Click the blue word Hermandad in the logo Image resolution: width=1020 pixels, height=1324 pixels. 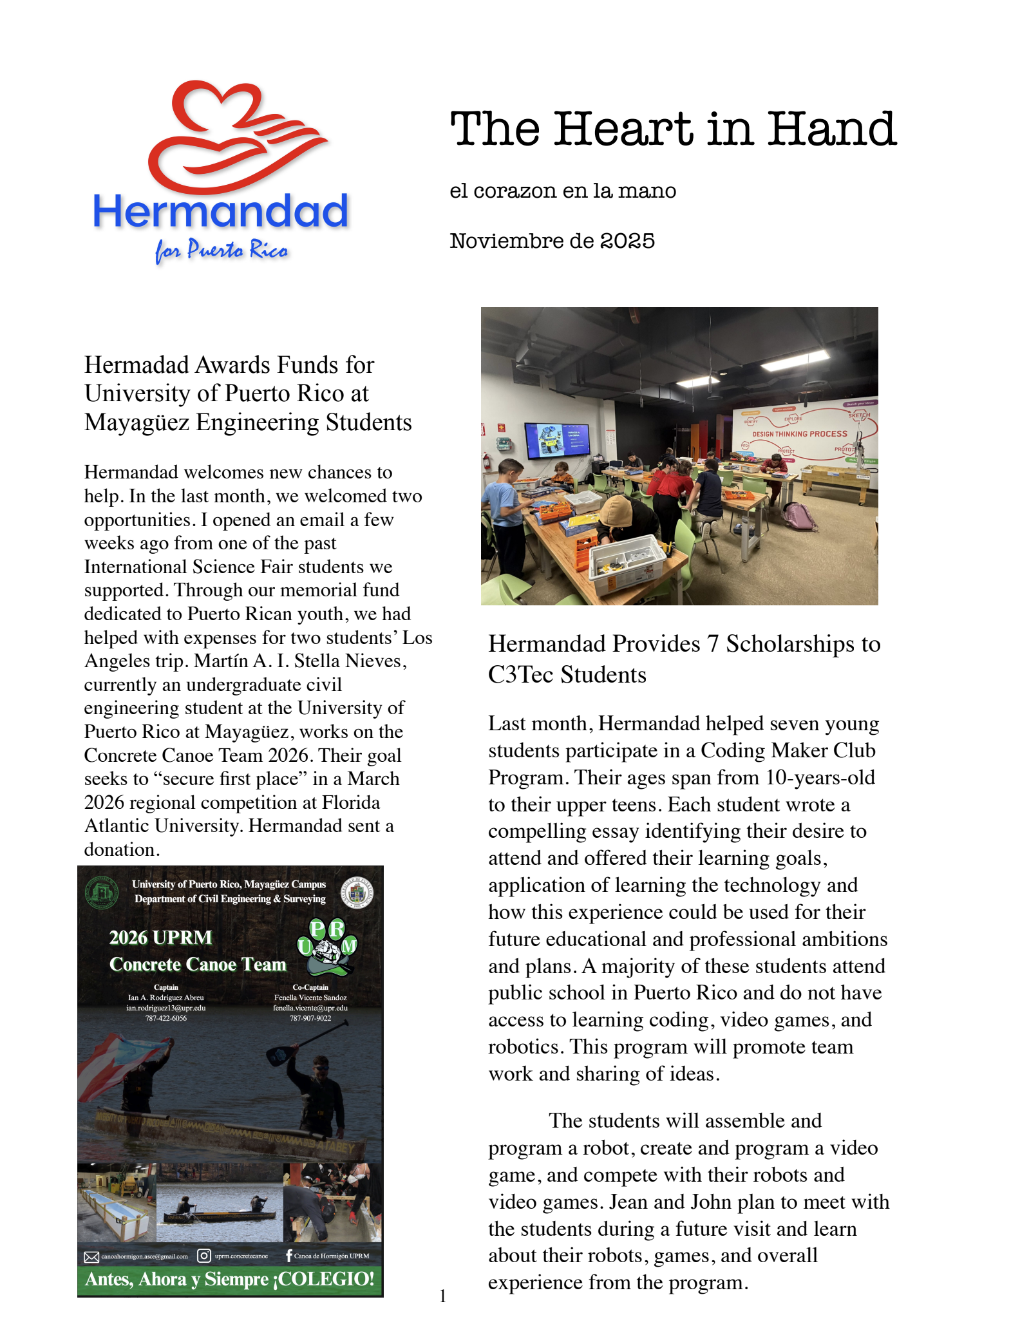pos(220,211)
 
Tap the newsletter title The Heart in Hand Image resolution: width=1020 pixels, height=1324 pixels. pos(673,129)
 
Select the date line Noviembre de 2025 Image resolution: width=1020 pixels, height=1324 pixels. pos(552,241)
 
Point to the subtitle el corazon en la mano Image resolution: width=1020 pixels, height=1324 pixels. pos(563,191)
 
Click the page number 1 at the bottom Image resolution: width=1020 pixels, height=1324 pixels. pos(443,1296)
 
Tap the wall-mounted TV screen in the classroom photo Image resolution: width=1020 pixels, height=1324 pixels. pos(557,440)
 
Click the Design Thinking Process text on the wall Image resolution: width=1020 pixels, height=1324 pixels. pos(800,434)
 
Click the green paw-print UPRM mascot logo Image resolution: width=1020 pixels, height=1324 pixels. pos(327,947)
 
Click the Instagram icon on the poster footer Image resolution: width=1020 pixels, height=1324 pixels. pos(204,1256)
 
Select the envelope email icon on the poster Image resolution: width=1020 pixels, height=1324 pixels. pos(91,1256)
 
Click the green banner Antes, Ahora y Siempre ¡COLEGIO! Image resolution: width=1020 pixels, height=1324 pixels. pos(230,1279)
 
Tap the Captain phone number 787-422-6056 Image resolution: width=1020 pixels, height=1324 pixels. pos(166,1018)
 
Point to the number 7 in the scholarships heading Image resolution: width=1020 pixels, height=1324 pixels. pos(712,644)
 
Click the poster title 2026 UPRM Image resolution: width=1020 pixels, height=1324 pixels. pos(161,937)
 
